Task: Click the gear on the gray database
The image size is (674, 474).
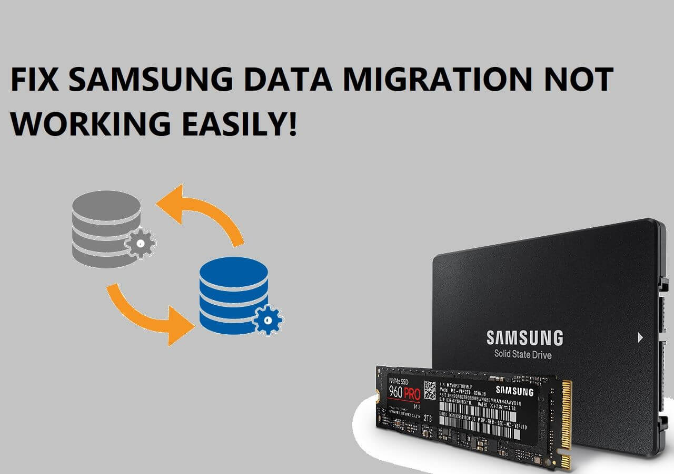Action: click(x=141, y=243)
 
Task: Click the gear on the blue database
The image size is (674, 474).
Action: click(x=268, y=319)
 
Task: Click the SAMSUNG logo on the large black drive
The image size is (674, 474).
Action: click(x=524, y=337)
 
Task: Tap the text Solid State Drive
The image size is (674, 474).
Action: click(x=523, y=354)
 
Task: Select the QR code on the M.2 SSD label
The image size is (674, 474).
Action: click(x=430, y=389)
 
